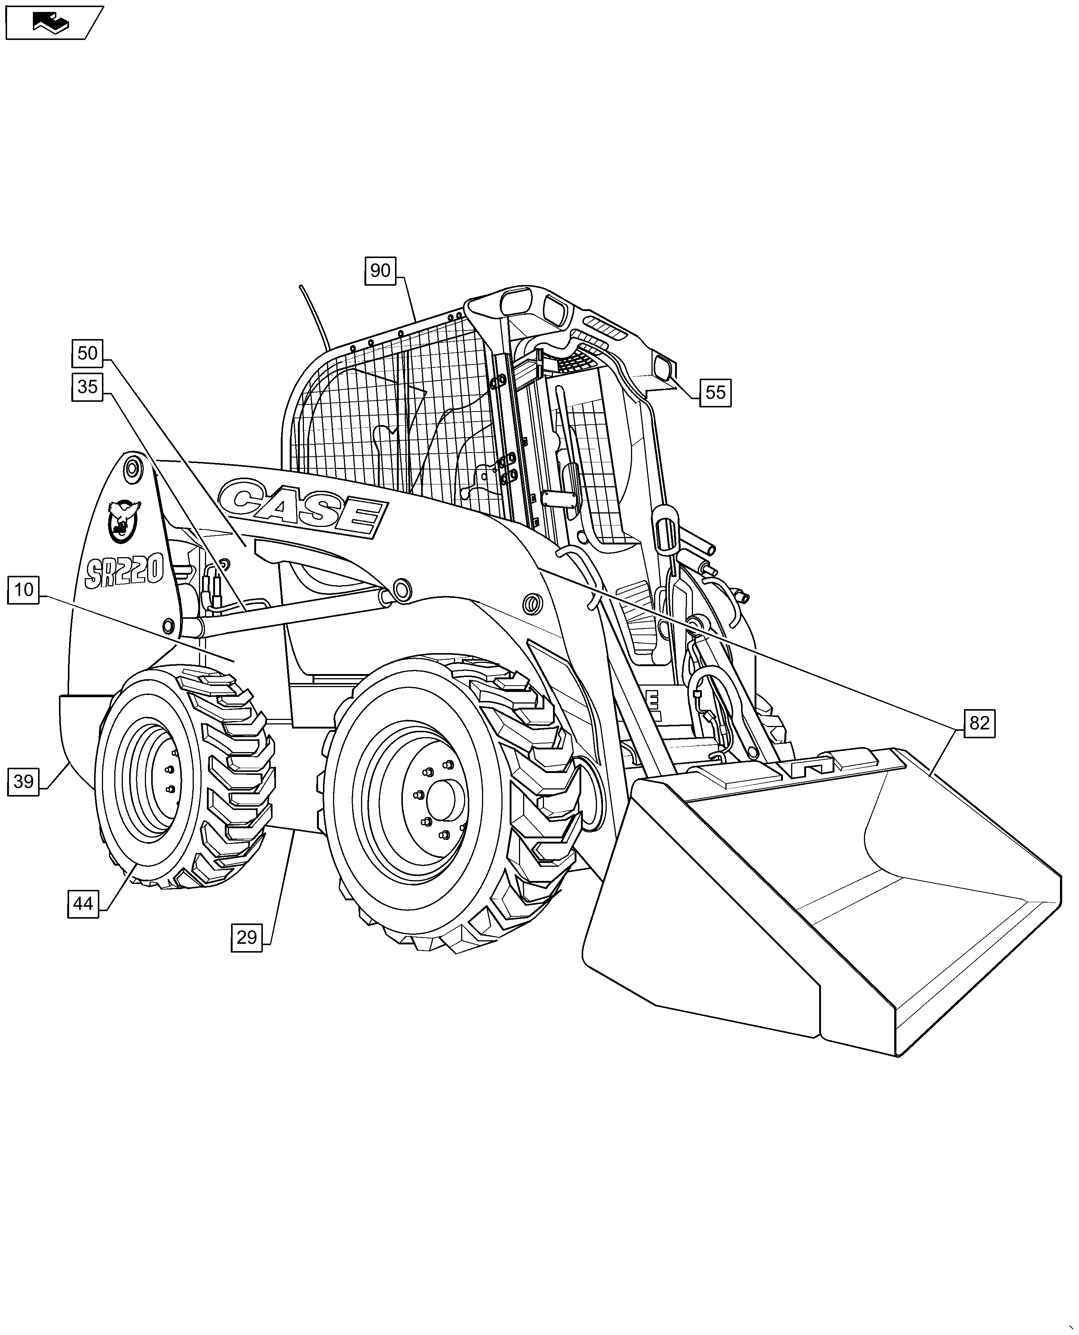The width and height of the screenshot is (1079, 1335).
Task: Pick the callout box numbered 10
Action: point(24,589)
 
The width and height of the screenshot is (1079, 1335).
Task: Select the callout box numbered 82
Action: point(979,723)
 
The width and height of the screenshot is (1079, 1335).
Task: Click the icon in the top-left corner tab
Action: point(52,23)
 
